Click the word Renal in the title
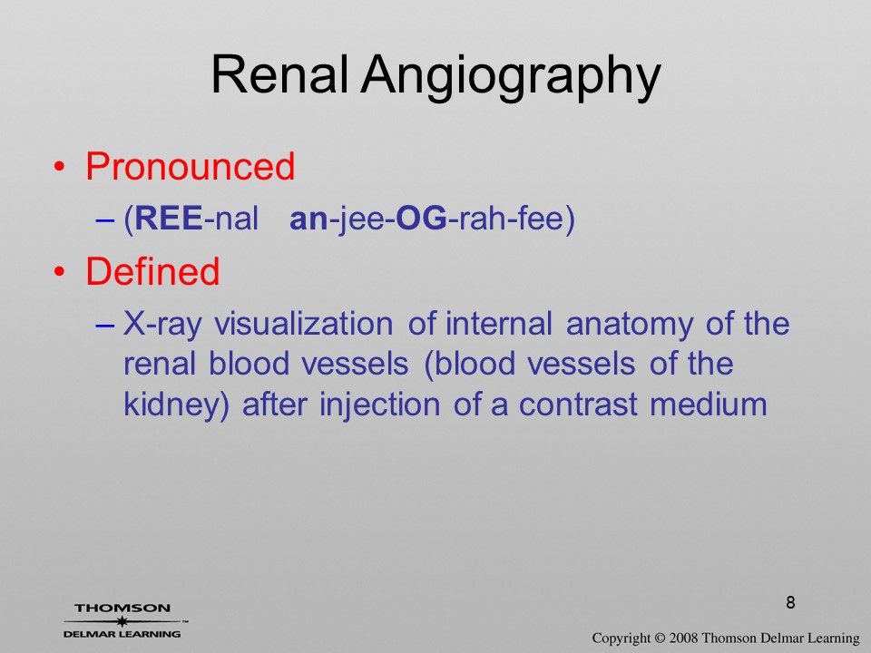(280, 74)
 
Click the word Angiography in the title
(511, 78)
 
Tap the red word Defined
(152, 271)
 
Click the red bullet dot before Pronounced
(59, 167)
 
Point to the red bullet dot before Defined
(59, 271)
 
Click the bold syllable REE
(169, 219)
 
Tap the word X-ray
(161, 325)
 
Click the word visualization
(304, 323)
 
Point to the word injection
(380, 404)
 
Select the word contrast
(578, 404)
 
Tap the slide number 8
(790, 602)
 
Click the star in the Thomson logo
(122, 621)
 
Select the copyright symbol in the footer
(660, 638)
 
